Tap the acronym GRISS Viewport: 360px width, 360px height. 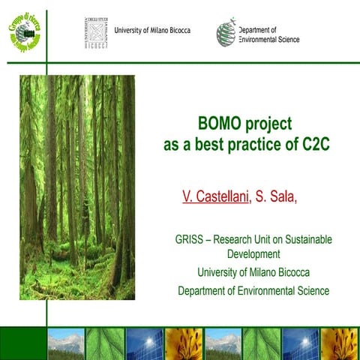(182, 240)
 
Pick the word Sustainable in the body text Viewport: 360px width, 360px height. (304, 240)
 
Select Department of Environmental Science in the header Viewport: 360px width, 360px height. (268, 34)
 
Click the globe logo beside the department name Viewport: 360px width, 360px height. (226, 32)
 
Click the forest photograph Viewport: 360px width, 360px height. (77, 187)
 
